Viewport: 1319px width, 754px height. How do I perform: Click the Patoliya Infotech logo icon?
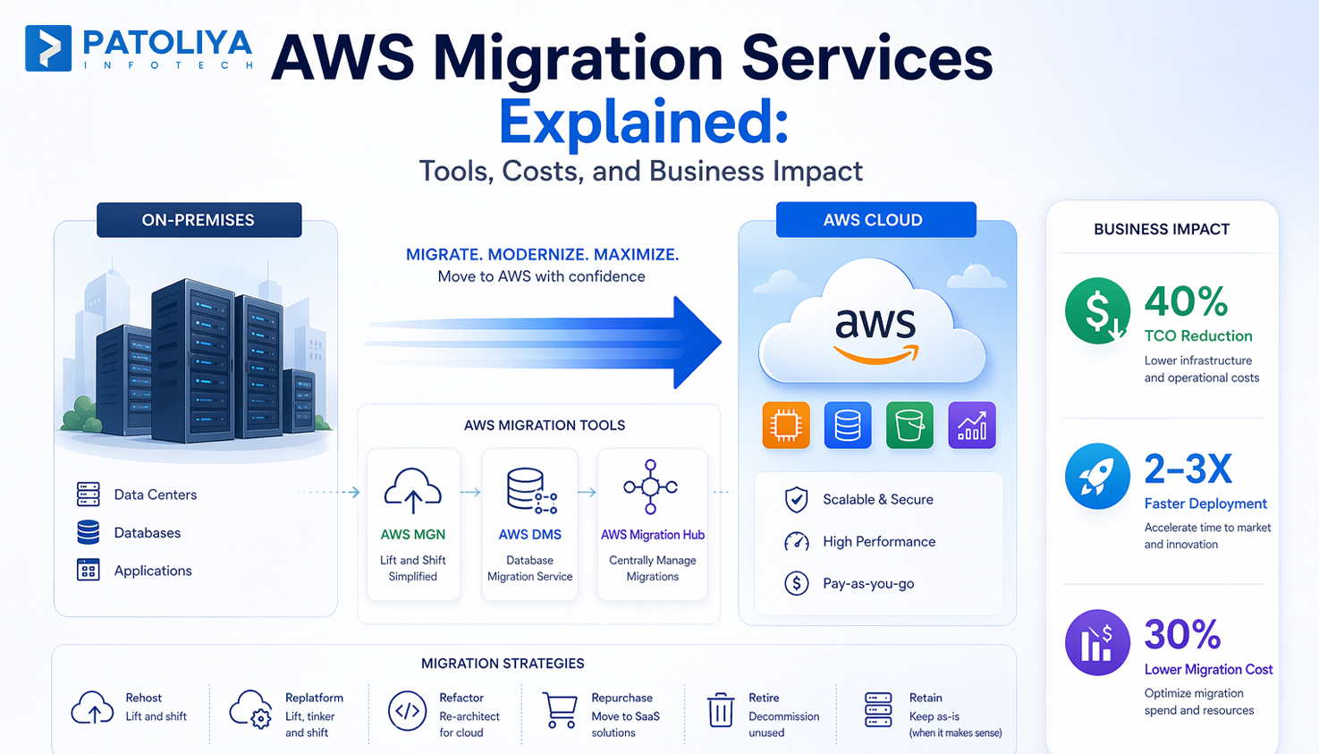click(x=48, y=48)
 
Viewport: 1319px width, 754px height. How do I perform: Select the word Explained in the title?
click(x=643, y=123)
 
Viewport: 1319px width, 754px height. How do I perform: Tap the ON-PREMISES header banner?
click(x=199, y=220)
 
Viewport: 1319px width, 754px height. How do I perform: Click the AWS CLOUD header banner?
click(x=875, y=220)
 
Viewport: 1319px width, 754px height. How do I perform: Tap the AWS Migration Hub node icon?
click(x=651, y=487)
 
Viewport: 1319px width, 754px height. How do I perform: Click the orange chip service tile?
click(x=786, y=426)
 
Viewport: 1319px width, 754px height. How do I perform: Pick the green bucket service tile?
click(x=909, y=426)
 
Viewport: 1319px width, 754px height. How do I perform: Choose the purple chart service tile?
click(x=971, y=426)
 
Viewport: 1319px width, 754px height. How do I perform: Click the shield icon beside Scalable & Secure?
click(x=796, y=500)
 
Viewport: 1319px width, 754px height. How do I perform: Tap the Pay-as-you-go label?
click(x=868, y=584)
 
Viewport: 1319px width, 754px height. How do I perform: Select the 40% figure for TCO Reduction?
click(x=1186, y=302)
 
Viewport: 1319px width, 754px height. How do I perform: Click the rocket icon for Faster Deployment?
click(x=1097, y=477)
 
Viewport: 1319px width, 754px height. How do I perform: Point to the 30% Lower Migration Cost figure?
click(x=1182, y=635)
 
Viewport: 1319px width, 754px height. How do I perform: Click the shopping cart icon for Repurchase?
click(x=561, y=712)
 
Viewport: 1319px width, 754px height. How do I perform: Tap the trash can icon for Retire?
click(x=721, y=711)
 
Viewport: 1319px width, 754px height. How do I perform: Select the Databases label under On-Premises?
click(x=148, y=533)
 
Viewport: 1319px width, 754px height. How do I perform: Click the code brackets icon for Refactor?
click(x=407, y=712)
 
